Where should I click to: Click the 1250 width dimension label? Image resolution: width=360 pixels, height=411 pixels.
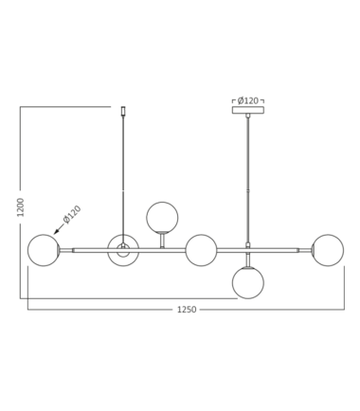[187, 310]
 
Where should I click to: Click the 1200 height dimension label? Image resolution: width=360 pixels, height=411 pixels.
[21, 207]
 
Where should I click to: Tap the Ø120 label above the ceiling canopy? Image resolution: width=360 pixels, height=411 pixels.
[248, 100]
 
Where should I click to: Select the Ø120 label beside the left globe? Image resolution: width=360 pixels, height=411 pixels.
[72, 214]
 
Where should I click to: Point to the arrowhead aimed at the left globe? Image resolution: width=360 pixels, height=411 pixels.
[57, 231]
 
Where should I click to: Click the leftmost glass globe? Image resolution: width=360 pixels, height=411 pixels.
[44, 250]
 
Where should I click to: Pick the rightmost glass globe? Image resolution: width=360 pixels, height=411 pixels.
[328, 250]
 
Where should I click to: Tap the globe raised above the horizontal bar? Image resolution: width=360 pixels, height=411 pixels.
[162, 218]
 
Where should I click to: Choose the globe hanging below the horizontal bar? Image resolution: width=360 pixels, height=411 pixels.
[248, 283]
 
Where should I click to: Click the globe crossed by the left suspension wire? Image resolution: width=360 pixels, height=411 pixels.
[123, 250]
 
